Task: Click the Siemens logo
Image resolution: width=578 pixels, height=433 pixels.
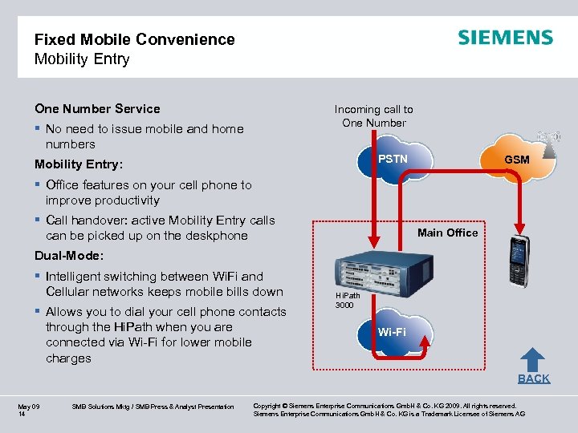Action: click(x=505, y=38)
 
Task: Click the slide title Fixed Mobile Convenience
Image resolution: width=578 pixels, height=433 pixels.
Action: click(x=134, y=39)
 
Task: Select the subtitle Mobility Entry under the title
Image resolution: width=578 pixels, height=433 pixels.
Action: click(x=81, y=59)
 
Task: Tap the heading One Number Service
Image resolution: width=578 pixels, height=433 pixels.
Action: click(x=97, y=109)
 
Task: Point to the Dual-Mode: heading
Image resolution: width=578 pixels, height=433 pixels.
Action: click(x=69, y=257)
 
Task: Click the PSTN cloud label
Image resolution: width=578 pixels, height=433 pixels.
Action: click(x=393, y=159)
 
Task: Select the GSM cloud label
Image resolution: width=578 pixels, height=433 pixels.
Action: click(x=516, y=160)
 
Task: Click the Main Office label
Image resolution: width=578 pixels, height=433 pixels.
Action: click(x=447, y=233)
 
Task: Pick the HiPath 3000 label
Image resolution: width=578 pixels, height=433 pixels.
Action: click(x=347, y=301)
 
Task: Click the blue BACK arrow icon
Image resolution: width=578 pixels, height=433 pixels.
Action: click(x=532, y=360)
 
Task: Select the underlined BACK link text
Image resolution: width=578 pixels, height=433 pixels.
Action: click(x=534, y=378)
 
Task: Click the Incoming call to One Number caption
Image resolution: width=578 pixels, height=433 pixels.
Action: click(x=374, y=115)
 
